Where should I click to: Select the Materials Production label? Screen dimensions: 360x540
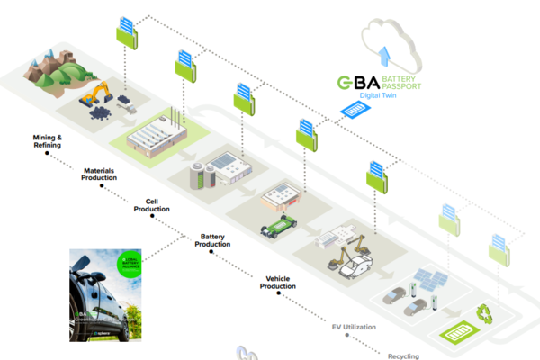[x=99, y=174]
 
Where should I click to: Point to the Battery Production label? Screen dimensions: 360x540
[x=211, y=240]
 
